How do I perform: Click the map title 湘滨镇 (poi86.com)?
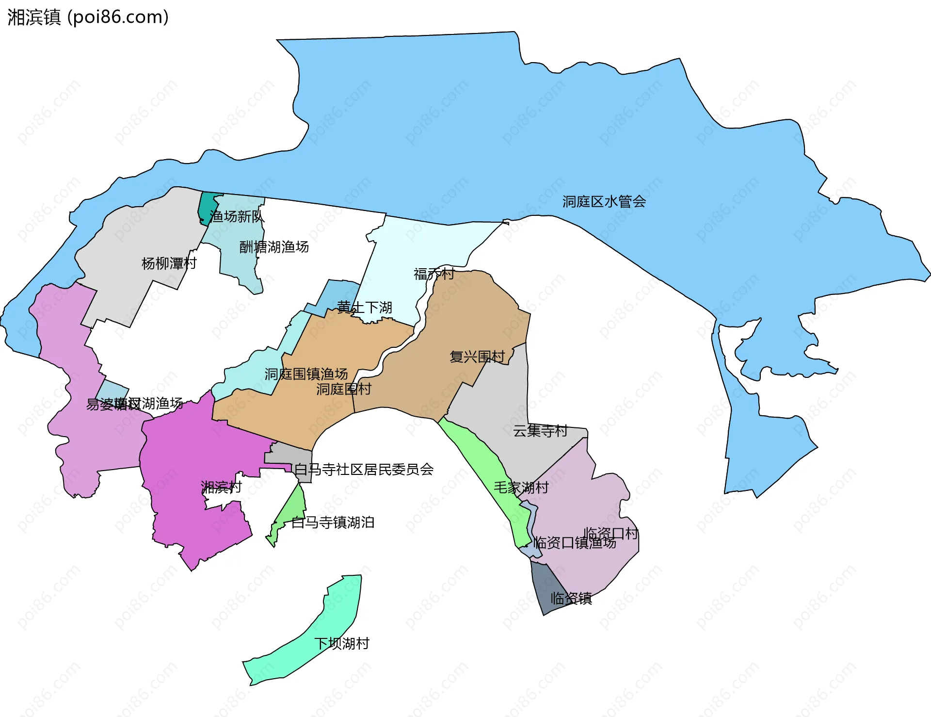coord(88,17)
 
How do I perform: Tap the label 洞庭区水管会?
coord(604,201)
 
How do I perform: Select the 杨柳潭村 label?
coord(169,263)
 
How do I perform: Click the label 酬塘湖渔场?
coord(274,247)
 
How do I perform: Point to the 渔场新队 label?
coord(237,216)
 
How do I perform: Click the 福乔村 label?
coord(434,274)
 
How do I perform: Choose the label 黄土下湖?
coord(365,307)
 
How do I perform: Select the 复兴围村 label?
coord(477,357)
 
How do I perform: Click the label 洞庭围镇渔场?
coord(306,374)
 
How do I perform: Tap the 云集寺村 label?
coord(540,430)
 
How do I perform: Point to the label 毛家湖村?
coord(521,487)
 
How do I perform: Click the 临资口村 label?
coord(610,533)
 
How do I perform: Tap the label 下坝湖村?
coord(342,643)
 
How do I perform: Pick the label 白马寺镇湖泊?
coord(333,522)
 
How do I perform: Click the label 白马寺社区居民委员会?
coord(364,469)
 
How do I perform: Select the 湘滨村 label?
coord(221,487)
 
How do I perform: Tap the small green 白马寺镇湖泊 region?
coord(293,509)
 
